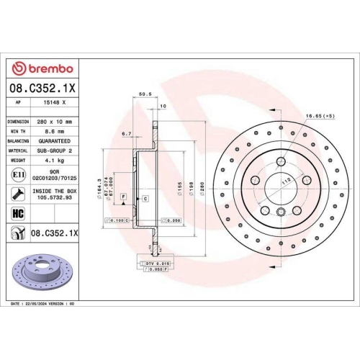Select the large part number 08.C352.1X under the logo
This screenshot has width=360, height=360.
(x=40, y=88)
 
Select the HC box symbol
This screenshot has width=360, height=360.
(x=17, y=213)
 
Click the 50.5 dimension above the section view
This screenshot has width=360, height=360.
(x=143, y=93)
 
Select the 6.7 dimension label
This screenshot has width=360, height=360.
(x=126, y=134)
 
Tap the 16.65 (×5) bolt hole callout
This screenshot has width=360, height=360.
(x=319, y=114)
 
